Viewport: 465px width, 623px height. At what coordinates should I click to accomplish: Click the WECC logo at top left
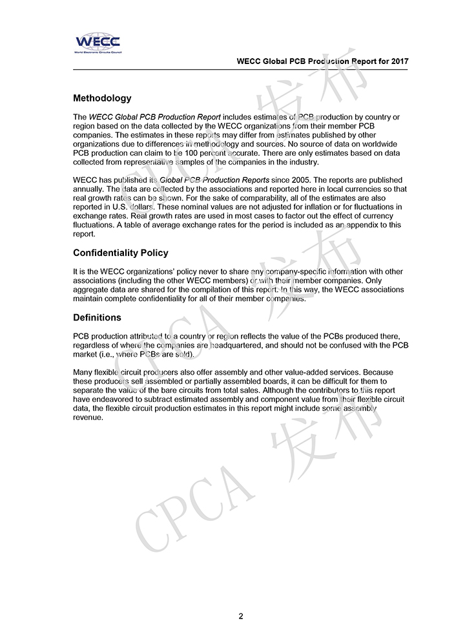(97, 43)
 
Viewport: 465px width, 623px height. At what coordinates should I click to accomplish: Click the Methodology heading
(102, 98)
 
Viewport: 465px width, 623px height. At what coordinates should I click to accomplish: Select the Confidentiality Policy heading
(121, 253)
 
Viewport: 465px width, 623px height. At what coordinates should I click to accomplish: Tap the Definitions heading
(97, 317)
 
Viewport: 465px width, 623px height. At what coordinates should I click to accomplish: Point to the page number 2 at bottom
(241, 616)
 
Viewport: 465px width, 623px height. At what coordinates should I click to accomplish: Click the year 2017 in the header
(399, 61)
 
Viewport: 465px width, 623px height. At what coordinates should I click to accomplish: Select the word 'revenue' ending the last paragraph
(88, 417)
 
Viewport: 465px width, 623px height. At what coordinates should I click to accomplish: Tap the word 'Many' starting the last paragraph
(83, 372)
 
